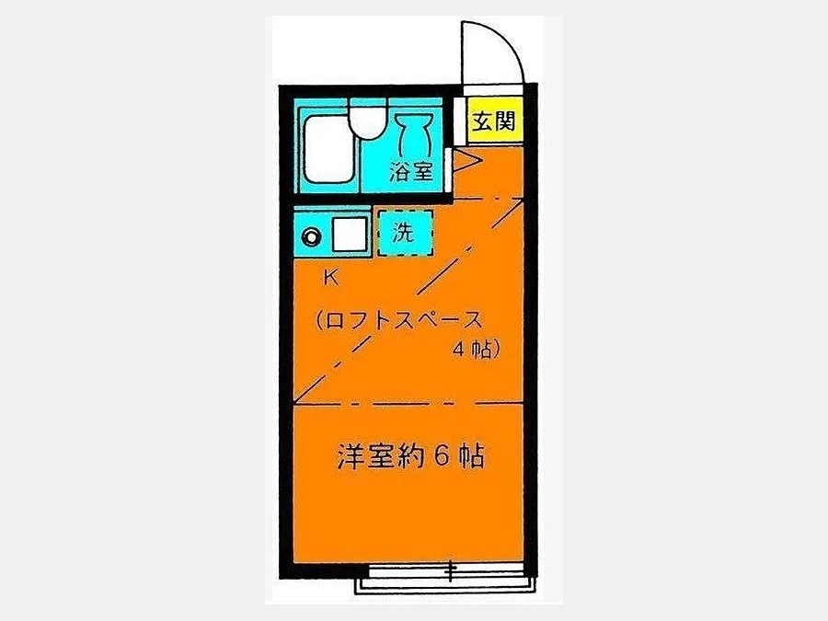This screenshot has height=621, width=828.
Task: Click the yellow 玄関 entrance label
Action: tap(493, 122)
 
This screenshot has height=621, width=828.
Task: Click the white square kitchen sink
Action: tap(350, 236)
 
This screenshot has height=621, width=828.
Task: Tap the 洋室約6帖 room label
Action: tap(410, 456)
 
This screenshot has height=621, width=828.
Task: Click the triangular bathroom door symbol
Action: tap(465, 164)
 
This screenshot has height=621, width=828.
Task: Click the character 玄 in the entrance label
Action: tap(482, 122)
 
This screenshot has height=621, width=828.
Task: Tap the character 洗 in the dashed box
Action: tap(404, 234)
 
